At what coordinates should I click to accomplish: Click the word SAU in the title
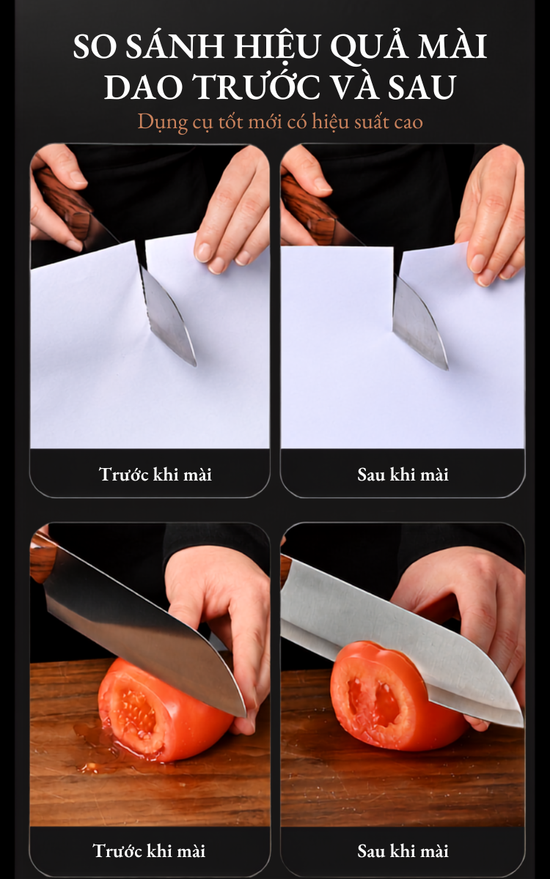pos(422,86)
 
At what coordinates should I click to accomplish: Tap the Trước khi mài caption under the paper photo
pos(155,474)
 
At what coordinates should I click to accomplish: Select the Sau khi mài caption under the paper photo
pos(403,475)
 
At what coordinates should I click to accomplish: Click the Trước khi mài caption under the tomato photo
pos(149,850)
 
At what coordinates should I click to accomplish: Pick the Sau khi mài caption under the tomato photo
pos(403,850)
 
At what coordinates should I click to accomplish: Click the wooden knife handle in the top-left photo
pos(65,204)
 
